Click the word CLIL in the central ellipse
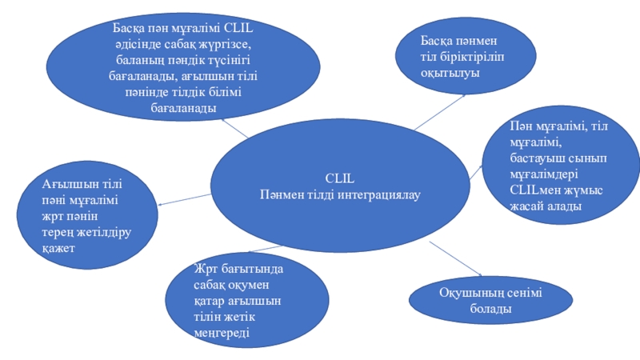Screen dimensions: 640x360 click(339, 178)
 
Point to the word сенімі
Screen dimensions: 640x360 click(521, 293)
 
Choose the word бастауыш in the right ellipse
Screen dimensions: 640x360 click(535, 158)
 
